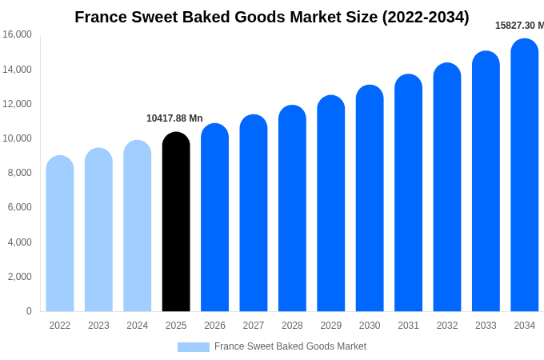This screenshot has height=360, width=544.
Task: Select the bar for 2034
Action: click(525, 176)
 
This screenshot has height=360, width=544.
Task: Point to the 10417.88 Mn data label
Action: click(174, 118)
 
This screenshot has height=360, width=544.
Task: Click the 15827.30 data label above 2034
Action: click(519, 26)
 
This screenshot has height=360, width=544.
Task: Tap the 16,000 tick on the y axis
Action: click(17, 34)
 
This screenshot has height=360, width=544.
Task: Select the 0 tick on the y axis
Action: click(29, 311)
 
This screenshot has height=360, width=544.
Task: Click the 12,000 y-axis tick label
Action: click(17, 104)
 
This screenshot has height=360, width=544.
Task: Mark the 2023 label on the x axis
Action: click(98, 326)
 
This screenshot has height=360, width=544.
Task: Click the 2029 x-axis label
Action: click(331, 326)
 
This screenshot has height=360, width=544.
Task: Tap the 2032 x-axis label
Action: click(447, 326)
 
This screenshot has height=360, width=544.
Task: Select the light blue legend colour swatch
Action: click(193, 347)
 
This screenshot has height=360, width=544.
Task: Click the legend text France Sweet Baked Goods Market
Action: click(290, 346)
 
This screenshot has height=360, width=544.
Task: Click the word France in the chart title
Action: click(100, 17)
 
